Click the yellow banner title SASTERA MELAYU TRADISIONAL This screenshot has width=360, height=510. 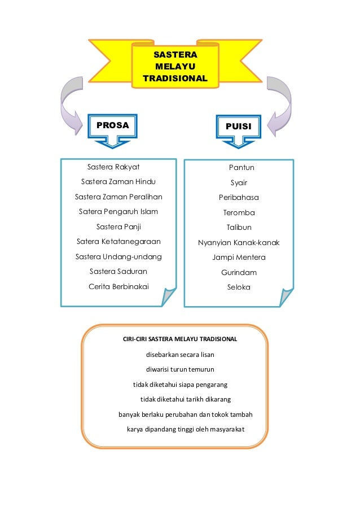(x=175, y=67)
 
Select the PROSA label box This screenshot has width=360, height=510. (x=113, y=125)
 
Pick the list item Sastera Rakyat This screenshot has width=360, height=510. (x=113, y=167)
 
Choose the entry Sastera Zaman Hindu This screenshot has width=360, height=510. (x=118, y=182)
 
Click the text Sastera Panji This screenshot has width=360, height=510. (x=118, y=227)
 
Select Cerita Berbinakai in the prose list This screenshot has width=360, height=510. (x=118, y=286)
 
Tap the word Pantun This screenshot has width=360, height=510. (x=242, y=168)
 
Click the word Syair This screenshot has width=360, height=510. (x=239, y=183)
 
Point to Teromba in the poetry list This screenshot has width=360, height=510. (x=239, y=213)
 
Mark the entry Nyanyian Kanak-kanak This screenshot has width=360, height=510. (x=239, y=243)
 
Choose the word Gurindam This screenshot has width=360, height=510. (x=239, y=273)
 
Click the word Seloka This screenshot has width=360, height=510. (x=239, y=287)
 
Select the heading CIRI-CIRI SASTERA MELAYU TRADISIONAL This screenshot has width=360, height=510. (x=180, y=339)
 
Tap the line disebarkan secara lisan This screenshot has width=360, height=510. (x=180, y=355)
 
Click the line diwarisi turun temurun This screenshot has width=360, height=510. (x=180, y=370)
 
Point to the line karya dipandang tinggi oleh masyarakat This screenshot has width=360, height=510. (x=186, y=430)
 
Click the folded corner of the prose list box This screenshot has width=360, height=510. (x=169, y=296)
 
